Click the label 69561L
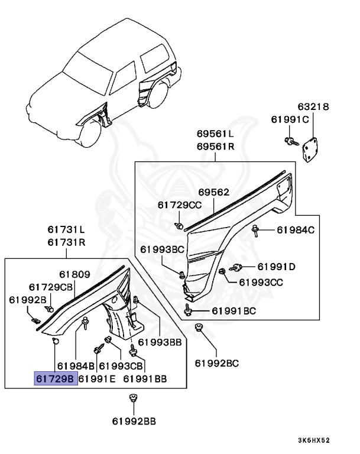coord(216,134)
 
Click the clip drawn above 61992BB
coord(134,398)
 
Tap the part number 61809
coord(74,274)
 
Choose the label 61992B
coord(27,299)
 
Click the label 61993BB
coord(160,342)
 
